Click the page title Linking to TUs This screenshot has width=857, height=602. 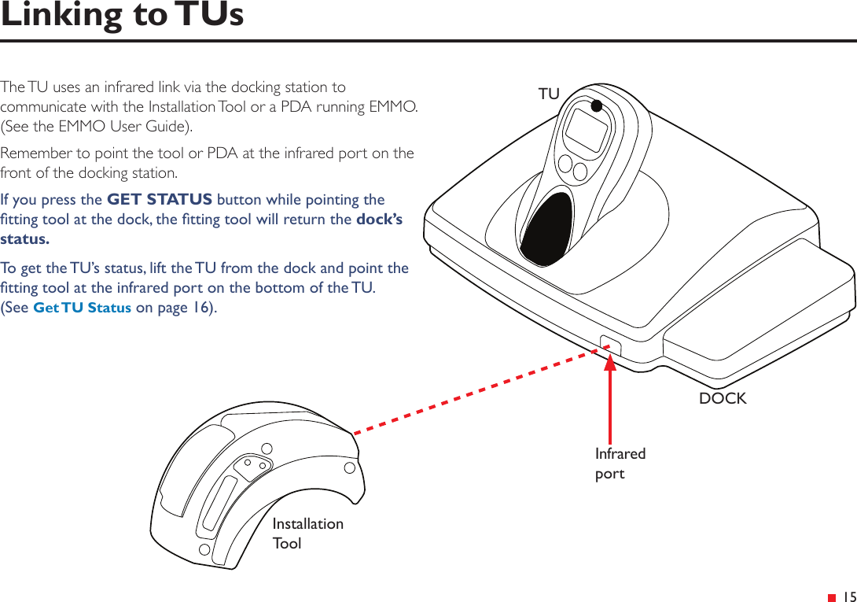[122, 16]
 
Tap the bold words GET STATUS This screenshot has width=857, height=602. [159, 199]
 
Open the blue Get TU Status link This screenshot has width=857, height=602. [82, 308]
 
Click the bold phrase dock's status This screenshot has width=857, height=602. [379, 220]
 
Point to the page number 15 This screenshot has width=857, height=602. [848, 597]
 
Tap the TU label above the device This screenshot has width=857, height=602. [549, 94]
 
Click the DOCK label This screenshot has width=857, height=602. [723, 398]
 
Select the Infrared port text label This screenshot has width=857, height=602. [620, 464]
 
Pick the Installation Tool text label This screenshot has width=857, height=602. [307, 533]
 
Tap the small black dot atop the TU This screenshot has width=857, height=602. [597, 105]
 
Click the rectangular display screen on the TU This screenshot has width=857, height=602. [587, 131]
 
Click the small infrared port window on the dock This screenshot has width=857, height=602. [610, 345]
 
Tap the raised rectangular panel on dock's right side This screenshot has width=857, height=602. [755, 307]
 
